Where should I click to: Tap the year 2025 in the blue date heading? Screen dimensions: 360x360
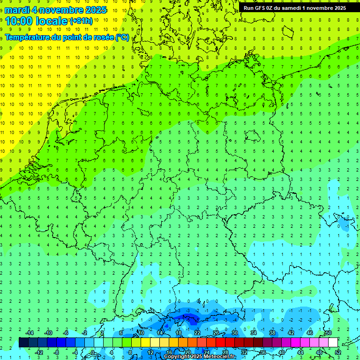94,10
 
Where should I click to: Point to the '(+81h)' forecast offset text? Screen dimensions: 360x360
81,21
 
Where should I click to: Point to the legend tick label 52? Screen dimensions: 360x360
337,352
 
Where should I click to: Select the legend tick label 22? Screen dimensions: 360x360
197,332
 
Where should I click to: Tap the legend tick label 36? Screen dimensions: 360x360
262,352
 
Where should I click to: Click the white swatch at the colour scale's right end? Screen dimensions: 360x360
333,343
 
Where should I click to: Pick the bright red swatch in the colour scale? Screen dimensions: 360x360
220,343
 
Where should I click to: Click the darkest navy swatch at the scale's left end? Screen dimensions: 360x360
23,343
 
